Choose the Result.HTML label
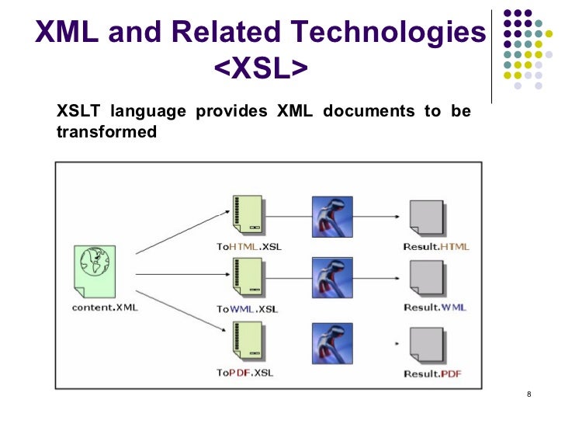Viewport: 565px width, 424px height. (x=436, y=246)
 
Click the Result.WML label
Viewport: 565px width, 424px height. (x=435, y=308)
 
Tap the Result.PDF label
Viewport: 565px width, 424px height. (x=433, y=374)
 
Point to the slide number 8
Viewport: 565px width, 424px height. (x=529, y=398)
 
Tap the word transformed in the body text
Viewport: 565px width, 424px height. (x=107, y=132)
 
